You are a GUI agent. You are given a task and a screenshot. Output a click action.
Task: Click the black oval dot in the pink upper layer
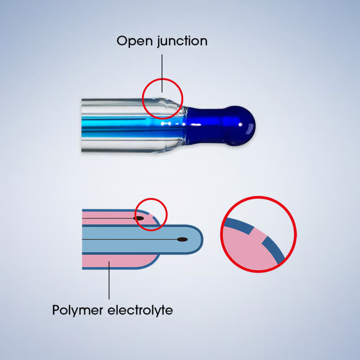[x=139, y=218]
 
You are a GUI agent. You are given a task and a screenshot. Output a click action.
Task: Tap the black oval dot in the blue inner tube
[x=182, y=239]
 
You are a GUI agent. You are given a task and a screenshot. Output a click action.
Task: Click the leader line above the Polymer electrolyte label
[x=109, y=283]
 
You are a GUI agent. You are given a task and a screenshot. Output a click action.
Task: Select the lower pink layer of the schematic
[x=117, y=261]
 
